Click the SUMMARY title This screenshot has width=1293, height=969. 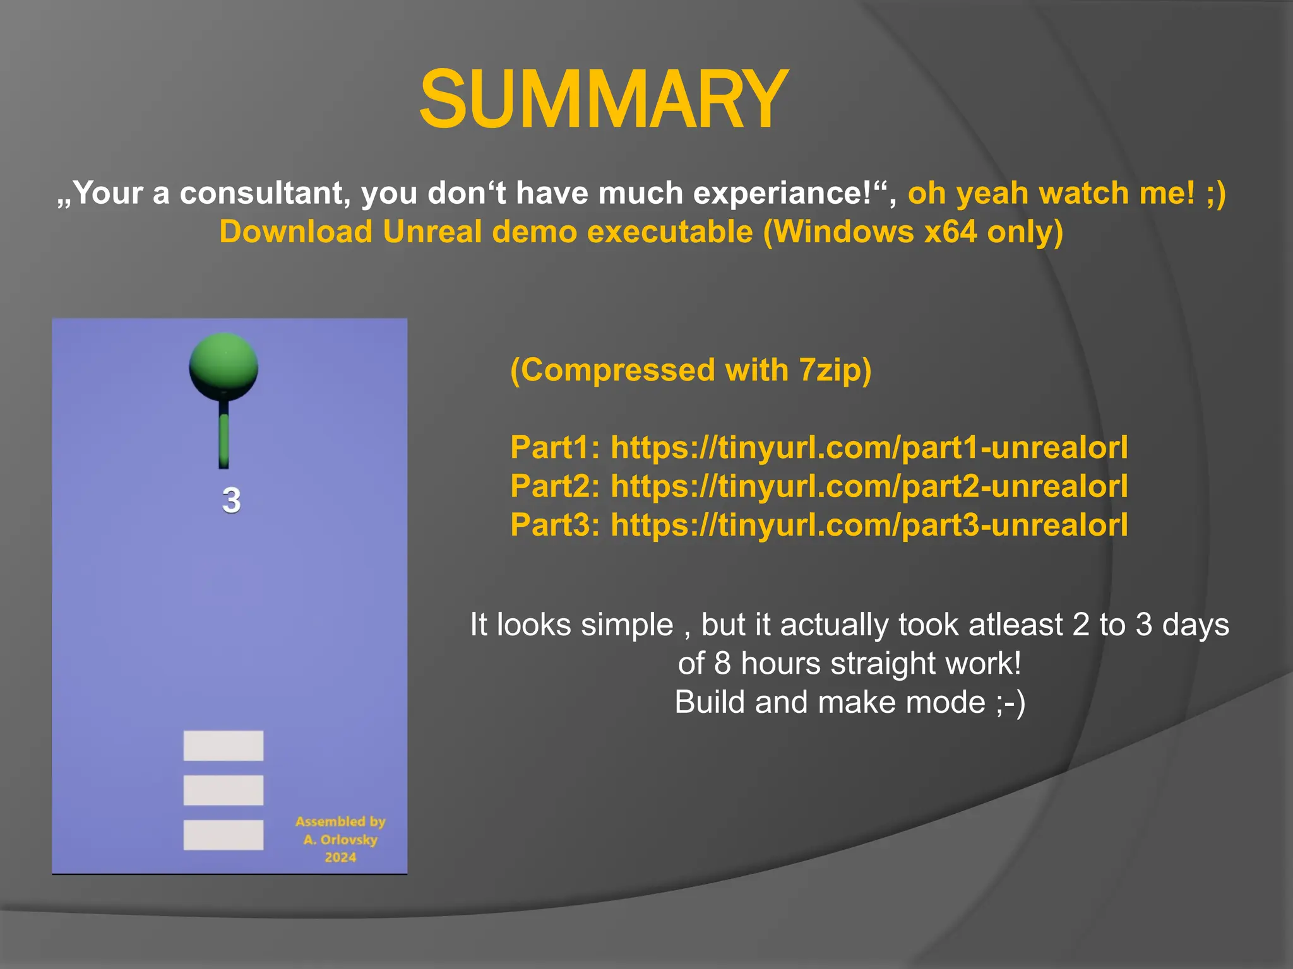pos(604,100)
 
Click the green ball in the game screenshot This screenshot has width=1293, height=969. pos(223,367)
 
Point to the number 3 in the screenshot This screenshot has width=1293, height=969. pos(231,500)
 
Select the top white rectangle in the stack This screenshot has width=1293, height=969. pos(223,746)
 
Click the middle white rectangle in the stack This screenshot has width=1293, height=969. pos(223,790)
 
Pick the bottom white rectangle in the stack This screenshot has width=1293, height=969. pos(223,835)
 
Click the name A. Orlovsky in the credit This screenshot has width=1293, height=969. pos(340,840)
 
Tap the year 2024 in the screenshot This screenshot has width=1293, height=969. pos(340,857)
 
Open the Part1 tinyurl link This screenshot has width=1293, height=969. pos(869,448)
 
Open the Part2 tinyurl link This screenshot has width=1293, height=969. pos(869,486)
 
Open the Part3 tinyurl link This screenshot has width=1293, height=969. pos(869,525)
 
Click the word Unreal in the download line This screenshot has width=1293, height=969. pos(432,232)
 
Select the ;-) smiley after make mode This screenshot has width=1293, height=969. pos(1011,702)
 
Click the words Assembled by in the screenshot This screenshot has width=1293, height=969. pos(340,821)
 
